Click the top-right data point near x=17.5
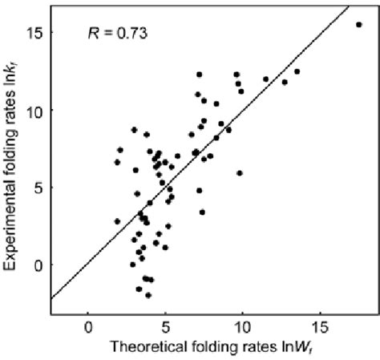(358, 25)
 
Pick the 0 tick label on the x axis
(88, 327)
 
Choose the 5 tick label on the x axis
(165, 327)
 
